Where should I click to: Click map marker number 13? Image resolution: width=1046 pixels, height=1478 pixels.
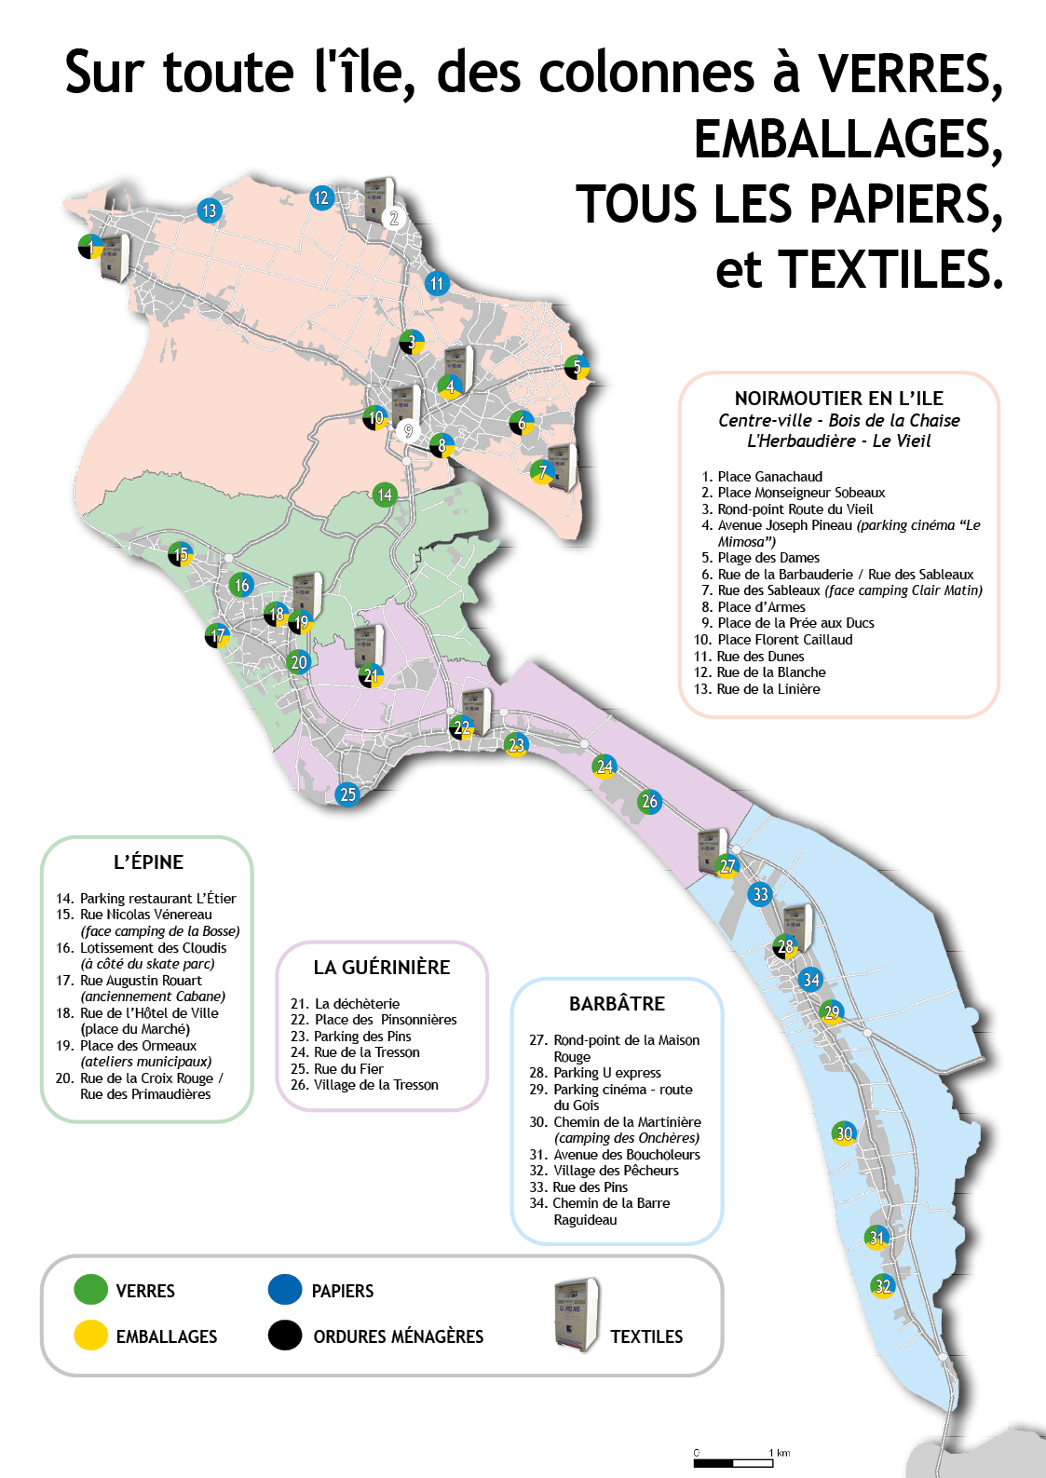point(210,210)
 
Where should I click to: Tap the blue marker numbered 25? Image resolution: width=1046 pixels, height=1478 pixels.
point(347,793)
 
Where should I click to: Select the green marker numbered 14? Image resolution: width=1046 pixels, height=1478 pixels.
point(385,495)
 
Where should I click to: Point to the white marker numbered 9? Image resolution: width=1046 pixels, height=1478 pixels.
point(409,431)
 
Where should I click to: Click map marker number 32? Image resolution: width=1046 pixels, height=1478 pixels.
point(882,1285)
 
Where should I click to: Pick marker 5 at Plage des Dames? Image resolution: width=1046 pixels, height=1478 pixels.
point(577,367)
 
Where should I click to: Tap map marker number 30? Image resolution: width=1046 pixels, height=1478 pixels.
point(844,1132)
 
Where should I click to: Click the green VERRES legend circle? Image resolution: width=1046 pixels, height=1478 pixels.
point(90,1289)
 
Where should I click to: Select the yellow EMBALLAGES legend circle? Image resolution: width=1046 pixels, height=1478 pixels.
point(90,1335)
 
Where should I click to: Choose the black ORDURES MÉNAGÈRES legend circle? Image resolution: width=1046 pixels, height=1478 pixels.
point(285,1335)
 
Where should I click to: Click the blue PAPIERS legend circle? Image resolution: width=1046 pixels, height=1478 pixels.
point(285,1289)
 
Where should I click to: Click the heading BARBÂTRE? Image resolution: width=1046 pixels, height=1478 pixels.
point(617,1004)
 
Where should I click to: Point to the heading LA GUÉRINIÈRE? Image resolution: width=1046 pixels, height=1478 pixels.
point(382,968)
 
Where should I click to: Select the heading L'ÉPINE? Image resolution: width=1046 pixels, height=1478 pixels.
point(148,861)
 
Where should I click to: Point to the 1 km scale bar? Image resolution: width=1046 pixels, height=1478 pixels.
point(733,1463)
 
